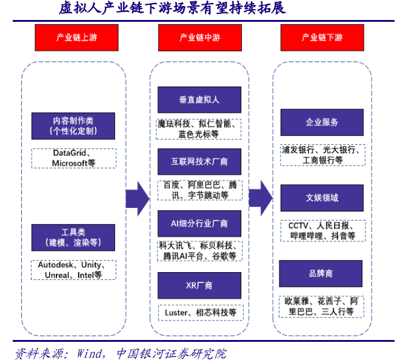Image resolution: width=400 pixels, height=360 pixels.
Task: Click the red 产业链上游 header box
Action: click(76, 38)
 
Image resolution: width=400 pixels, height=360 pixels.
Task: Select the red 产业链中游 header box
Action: click(199, 38)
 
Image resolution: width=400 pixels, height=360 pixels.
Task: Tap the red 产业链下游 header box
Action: click(322, 38)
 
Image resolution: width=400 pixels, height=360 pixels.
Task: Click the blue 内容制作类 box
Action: click(73, 126)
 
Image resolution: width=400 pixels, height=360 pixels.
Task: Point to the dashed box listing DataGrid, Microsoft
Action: click(73, 158)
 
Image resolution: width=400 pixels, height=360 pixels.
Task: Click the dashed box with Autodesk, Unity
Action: click(73, 270)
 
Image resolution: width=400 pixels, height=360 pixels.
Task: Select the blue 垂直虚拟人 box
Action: click(199, 99)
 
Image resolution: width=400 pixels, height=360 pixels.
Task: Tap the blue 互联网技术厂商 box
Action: click(199, 162)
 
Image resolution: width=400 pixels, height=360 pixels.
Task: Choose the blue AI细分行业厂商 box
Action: click(199, 224)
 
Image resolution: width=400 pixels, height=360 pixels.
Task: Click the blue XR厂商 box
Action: click(199, 285)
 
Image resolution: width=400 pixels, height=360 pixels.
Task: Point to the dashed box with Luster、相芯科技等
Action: click(199, 313)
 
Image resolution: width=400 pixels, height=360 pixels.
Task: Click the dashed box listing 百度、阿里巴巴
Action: click(199, 190)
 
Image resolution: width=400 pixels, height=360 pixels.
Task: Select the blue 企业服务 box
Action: click(322, 122)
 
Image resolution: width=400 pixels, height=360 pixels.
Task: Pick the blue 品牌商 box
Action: click(322, 273)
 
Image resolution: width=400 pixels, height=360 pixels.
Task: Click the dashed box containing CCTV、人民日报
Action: click(322, 230)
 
